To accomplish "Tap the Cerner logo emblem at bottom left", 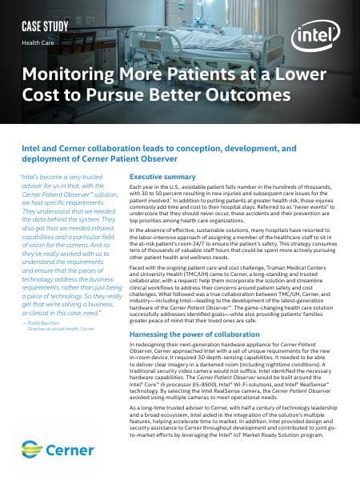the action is (x=33, y=446).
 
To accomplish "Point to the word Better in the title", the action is (x=175, y=97).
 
